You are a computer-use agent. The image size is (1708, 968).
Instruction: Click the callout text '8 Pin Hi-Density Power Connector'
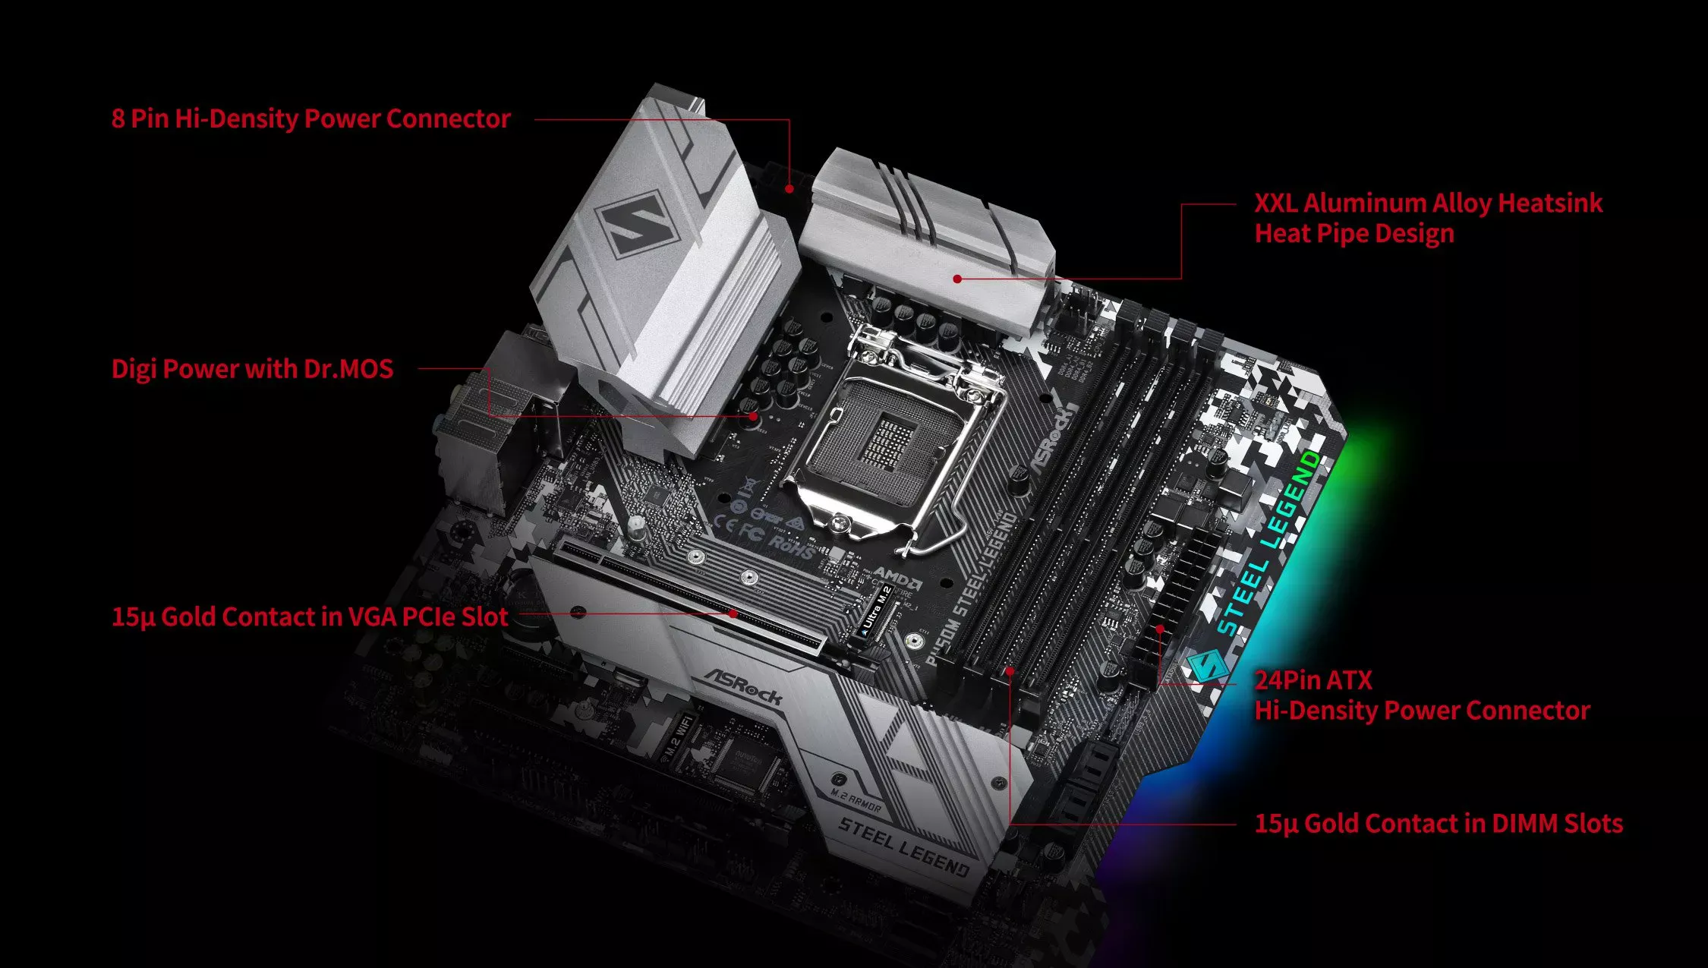coord(310,118)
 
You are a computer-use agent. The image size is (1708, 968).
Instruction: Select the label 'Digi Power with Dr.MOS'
coord(252,369)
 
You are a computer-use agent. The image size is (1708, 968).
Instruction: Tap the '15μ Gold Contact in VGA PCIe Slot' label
coord(310,616)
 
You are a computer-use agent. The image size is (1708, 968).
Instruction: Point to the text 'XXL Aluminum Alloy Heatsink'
coord(1428,203)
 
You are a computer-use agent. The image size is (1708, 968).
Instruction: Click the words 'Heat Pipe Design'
coord(1354,233)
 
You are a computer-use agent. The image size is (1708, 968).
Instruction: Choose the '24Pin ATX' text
coord(1313,679)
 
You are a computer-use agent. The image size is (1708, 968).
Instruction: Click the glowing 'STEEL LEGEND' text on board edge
coord(1269,544)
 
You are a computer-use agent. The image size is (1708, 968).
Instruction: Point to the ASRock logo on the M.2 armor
coord(742,686)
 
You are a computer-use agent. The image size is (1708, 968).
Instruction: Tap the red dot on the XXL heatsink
coord(958,279)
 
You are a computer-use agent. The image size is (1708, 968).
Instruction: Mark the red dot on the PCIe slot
coord(733,613)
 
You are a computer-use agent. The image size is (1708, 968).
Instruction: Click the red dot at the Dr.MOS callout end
coord(753,416)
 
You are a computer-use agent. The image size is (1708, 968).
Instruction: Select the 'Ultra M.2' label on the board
coord(877,610)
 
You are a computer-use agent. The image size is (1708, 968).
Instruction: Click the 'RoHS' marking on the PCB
coord(791,545)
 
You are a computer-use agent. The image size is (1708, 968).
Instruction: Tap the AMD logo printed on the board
coord(897,576)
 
